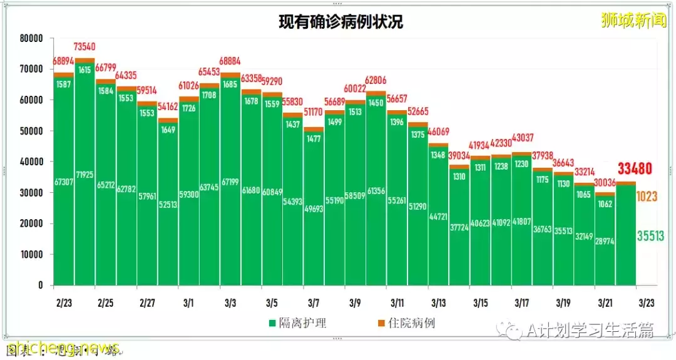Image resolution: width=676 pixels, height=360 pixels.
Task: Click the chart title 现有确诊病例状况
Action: click(x=341, y=22)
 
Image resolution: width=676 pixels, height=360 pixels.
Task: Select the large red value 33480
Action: click(x=635, y=168)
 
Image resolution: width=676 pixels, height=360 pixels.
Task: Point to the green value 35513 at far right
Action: click(x=650, y=236)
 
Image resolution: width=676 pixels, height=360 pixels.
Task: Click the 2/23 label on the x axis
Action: click(x=63, y=303)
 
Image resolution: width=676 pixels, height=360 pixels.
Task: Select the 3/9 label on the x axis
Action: click(x=355, y=303)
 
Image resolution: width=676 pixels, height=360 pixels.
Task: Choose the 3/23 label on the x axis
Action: click(x=647, y=303)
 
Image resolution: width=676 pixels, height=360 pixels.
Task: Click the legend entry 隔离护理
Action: click(x=298, y=324)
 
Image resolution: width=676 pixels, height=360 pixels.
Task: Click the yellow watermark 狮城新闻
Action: click(x=633, y=21)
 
